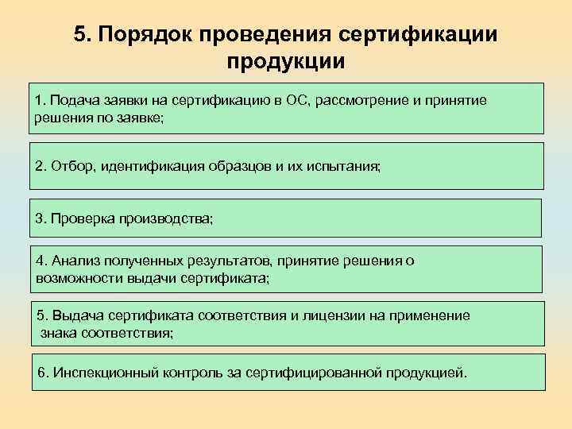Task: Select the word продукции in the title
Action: click(285, 61)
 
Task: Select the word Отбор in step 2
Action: click(71, 167)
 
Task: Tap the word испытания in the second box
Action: click(347, 167)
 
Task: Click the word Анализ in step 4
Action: click(75, 261)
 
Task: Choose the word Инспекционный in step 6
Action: click(99, 373)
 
